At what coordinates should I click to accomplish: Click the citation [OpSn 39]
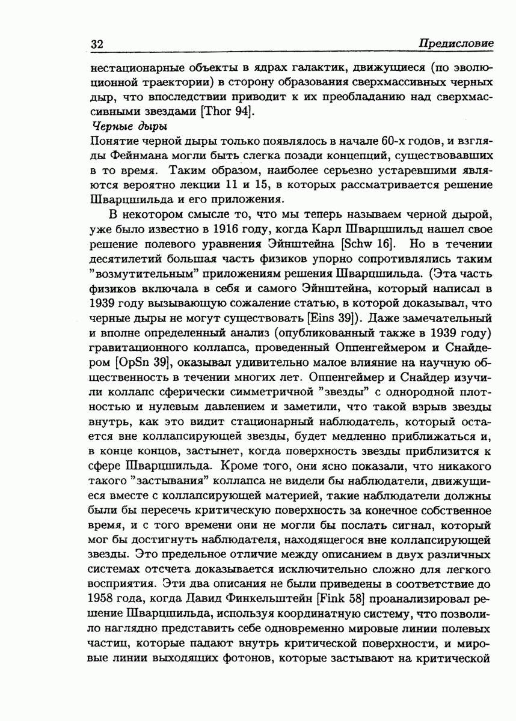pos(143,360)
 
